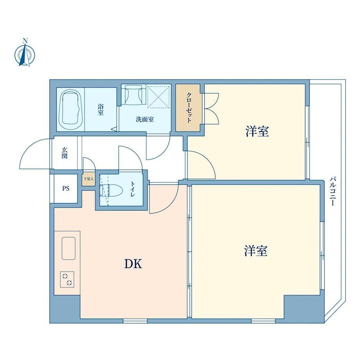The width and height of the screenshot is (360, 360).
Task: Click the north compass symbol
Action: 25,55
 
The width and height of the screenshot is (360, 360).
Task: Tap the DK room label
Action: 133,264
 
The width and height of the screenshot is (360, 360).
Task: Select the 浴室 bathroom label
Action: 101,110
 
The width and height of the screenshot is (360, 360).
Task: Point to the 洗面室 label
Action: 145,119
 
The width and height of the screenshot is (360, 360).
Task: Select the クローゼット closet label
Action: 189,108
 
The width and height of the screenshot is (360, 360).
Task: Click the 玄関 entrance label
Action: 65,153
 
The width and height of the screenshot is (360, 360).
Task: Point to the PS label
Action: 66,189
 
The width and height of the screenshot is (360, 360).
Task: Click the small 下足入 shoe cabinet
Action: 88,179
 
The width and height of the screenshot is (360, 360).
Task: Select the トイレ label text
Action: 133,189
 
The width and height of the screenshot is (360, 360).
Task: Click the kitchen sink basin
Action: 68,248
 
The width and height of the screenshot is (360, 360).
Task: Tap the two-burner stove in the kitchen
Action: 67,279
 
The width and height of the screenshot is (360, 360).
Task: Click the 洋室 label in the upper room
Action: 257,131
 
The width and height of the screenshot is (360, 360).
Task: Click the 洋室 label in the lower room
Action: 256,251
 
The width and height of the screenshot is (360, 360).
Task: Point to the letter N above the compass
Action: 25,41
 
